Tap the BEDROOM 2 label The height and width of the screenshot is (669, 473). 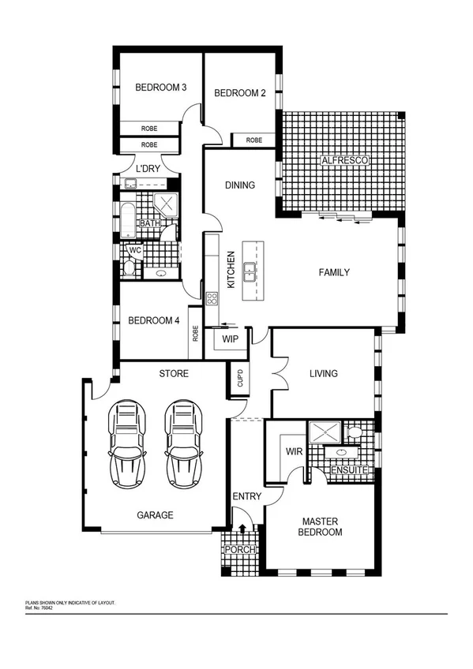coord(239,93)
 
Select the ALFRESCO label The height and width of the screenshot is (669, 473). coord(344,161)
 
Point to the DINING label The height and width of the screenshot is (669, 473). coord(240,186)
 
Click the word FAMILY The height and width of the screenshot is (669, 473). coord(333,272)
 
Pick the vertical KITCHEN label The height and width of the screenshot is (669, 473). coord(231,270)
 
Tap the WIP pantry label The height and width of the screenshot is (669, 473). coord(230,339)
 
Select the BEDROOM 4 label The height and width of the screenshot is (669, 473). coord(154,320)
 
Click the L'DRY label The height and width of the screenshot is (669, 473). coord(148,169)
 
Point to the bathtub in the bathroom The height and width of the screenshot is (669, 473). coord(128,219)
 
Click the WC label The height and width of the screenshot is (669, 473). coord(134,250)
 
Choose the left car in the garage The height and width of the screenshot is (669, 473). coord(127,443)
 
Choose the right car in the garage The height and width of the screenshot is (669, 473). coord(182,443)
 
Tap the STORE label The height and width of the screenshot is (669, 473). coord(173,373)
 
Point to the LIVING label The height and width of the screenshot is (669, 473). coord(324,373)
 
